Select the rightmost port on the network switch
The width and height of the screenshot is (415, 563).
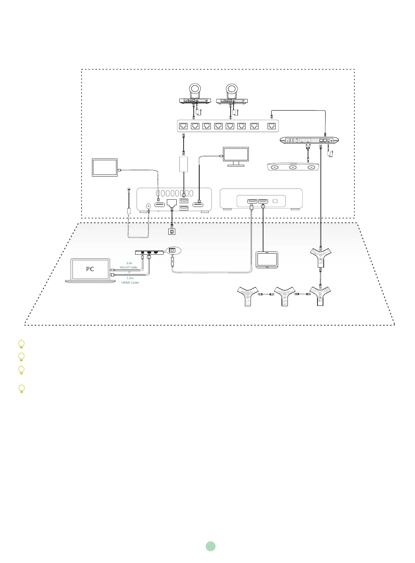pos(271,126)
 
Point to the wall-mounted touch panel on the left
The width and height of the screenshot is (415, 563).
pos(105,167)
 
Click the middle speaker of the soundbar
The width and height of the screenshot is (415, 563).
pos(292,168)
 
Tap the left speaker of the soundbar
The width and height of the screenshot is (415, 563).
pos(274,168)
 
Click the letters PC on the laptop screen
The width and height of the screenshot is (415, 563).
pos(90,269)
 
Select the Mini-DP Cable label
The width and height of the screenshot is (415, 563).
pos(129,267)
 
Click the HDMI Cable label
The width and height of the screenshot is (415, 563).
pos(130,283)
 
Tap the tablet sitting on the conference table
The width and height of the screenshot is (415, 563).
pos(267,259)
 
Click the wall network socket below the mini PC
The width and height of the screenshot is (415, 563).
pos(172,231)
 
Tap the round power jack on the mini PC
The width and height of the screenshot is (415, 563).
pos(149,206)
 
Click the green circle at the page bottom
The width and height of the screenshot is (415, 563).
pos(210,546)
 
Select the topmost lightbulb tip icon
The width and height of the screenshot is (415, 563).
pos(21,344)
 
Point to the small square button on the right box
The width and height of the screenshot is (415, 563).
pos(275,201)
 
